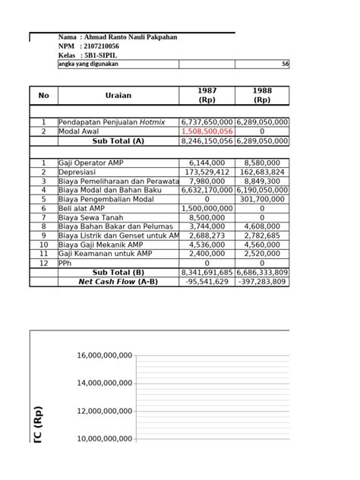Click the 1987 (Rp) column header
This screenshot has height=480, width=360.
point(207,95)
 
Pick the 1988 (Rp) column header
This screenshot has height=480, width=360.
point(262,95)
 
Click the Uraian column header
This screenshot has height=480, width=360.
point(118,95)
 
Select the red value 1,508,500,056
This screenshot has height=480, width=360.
point(207,131)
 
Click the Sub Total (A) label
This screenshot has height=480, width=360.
point(118,141)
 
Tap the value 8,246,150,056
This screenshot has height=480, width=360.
point(207,141)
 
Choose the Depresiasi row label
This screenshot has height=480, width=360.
point(79,172)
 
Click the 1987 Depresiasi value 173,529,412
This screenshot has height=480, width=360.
point(207,172)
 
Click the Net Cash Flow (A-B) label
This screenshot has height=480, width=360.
point(118,282)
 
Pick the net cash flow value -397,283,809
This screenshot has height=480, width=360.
point(262,282)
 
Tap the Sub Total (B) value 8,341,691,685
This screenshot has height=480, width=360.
point(207,272)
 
